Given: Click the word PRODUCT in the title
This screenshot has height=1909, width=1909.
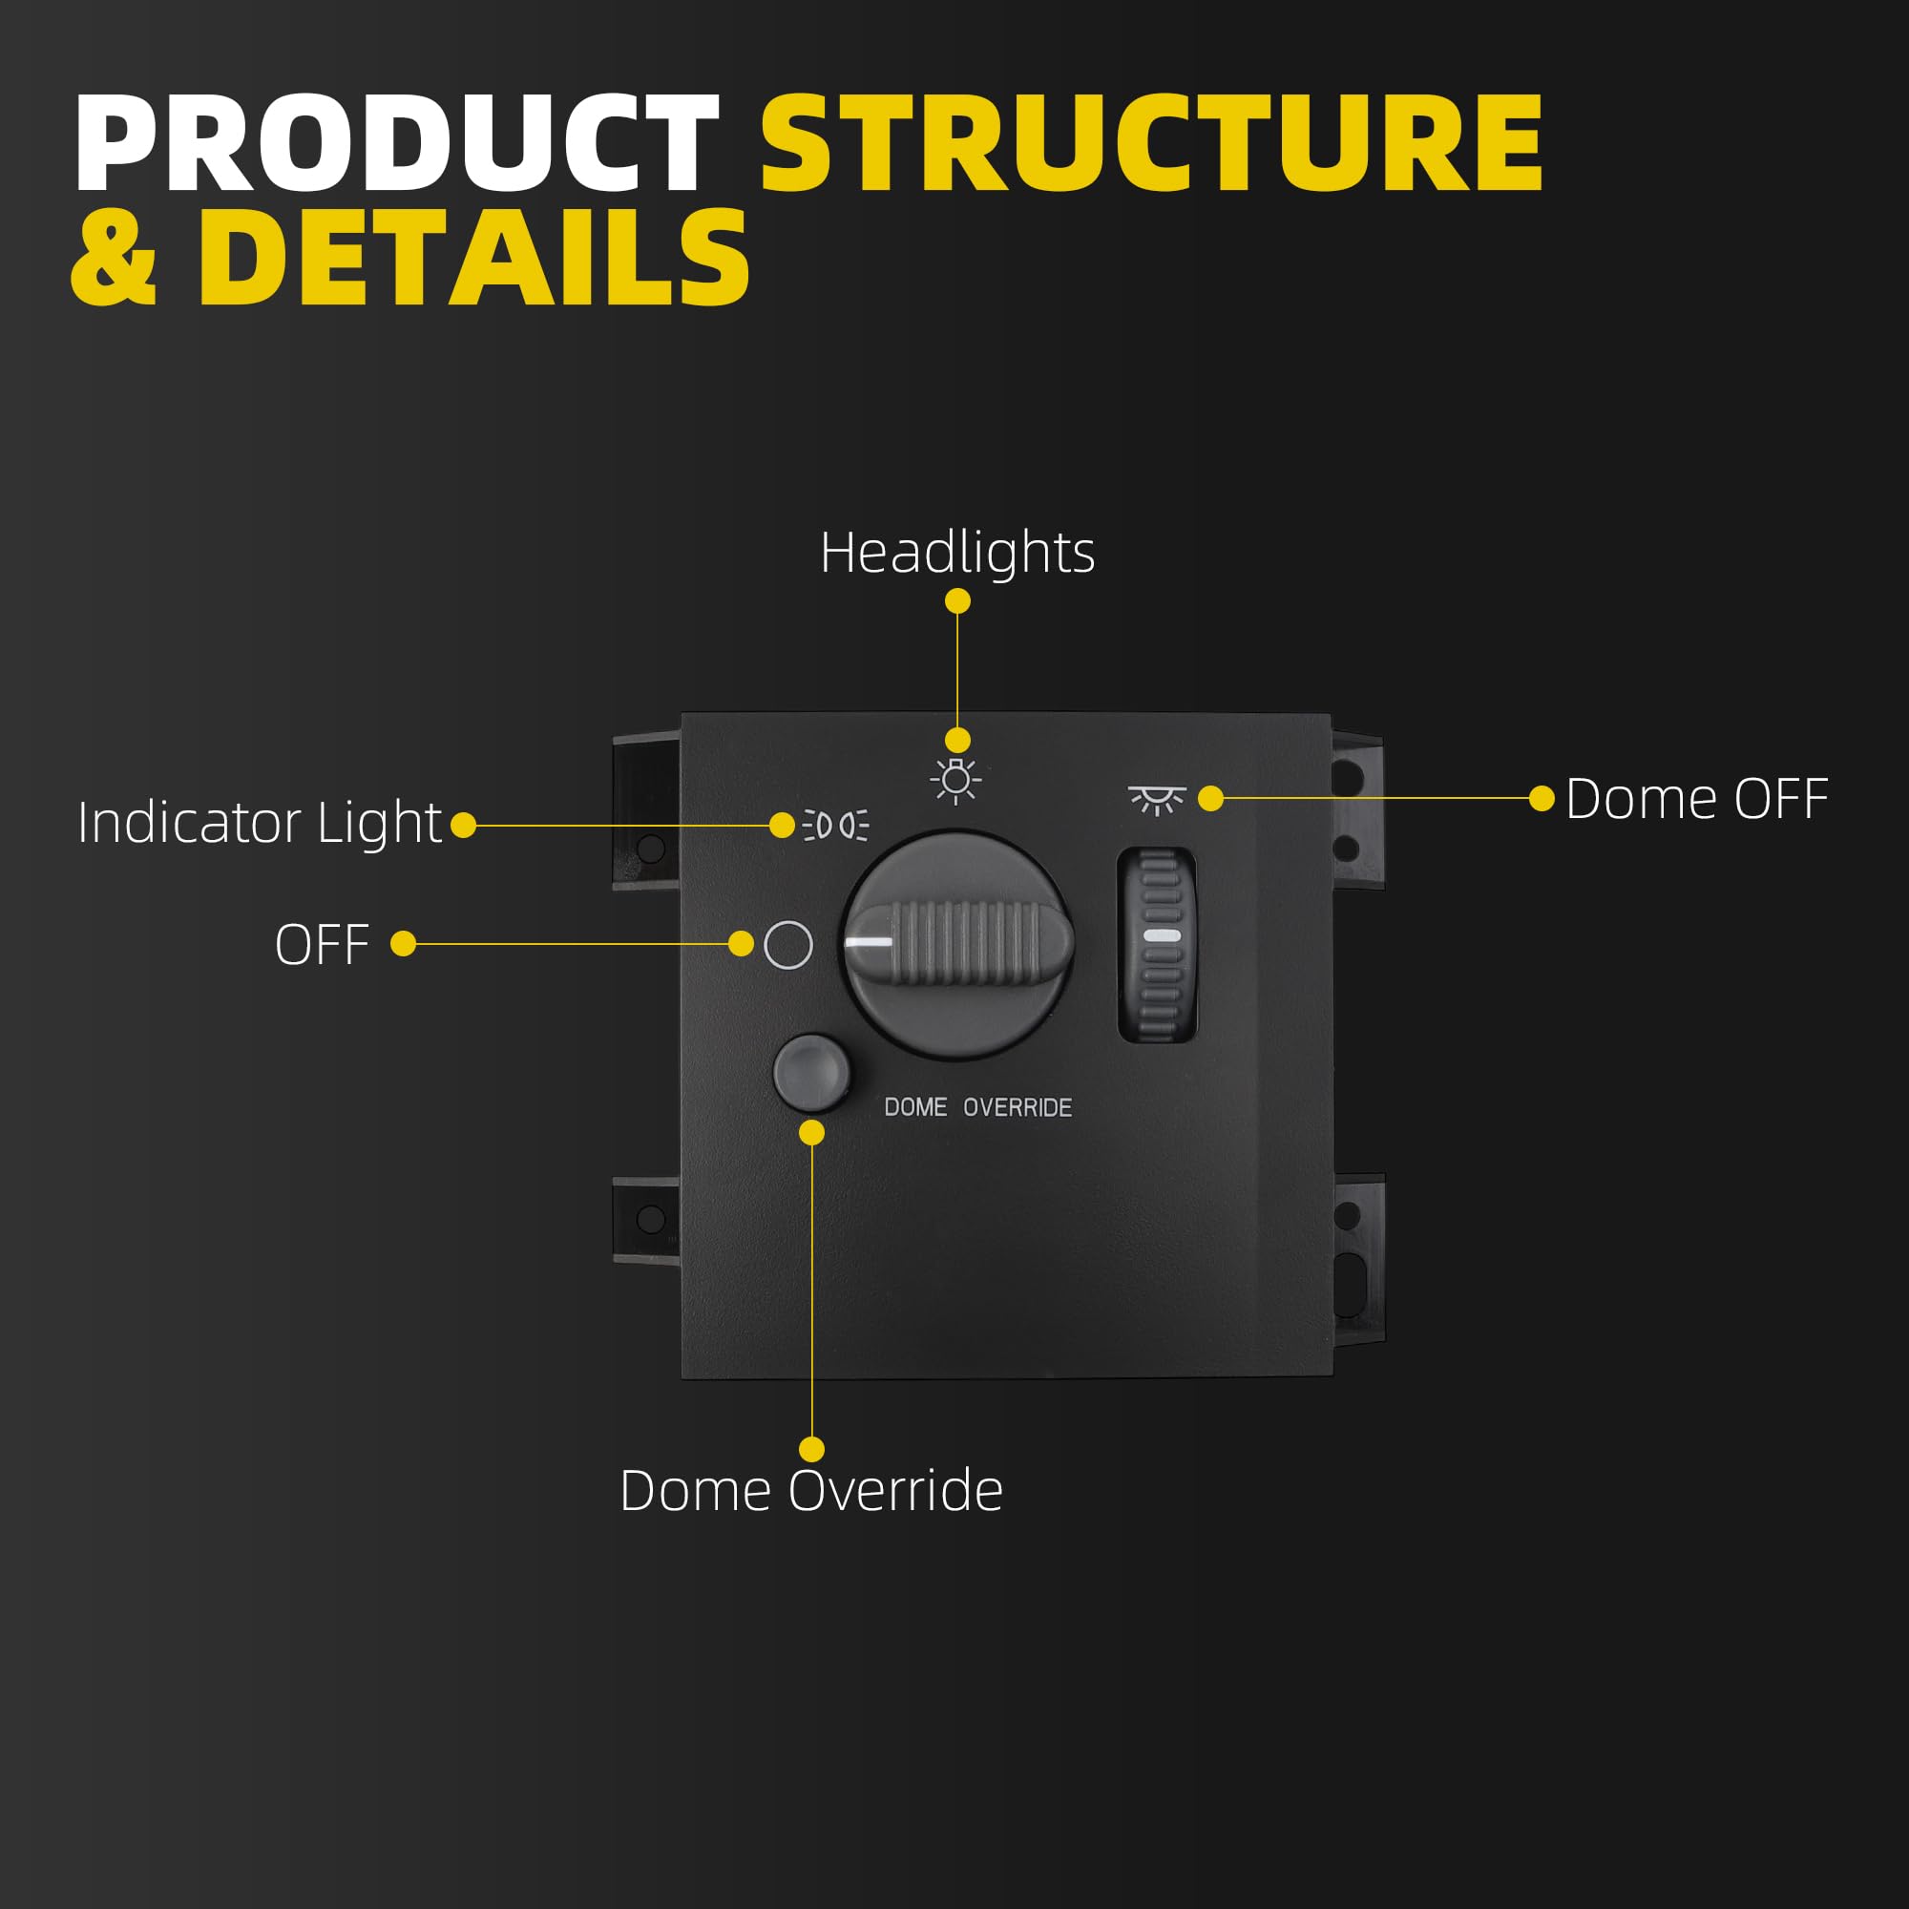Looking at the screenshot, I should (x=395, y=143).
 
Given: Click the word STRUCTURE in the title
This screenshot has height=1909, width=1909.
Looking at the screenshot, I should (x=1151, y=143).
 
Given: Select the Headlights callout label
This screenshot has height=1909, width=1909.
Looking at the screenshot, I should (x=956, y=552).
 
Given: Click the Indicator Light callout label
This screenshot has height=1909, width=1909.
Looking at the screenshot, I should (x=260, y=822).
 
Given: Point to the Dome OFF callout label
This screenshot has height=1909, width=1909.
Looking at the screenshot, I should (x=1696, y=798).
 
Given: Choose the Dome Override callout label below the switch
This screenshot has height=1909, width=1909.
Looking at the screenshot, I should (x=810, y=1490).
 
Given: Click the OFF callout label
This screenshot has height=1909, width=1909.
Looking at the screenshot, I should (x=322, y=945).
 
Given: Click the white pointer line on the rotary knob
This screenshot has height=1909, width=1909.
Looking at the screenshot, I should (x=870, y=943).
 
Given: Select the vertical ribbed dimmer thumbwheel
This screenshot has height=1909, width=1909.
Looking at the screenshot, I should (x=1159, y=945).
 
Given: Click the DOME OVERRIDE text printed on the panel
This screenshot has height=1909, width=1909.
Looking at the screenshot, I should (x=977, y=1107).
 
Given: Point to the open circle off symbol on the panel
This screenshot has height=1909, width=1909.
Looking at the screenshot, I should (x=788, y=946).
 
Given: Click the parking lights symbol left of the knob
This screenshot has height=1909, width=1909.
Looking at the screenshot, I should (x=835, y=824).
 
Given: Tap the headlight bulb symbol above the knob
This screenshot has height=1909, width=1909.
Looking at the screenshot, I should (x=955, y=781).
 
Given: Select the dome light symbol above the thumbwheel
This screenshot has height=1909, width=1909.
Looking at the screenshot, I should (x=1156, y=798).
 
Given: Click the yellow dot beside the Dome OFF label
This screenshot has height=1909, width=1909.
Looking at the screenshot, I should (x=1542, y=798).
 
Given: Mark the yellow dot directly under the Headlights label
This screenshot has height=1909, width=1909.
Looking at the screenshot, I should (x=957, y=600).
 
